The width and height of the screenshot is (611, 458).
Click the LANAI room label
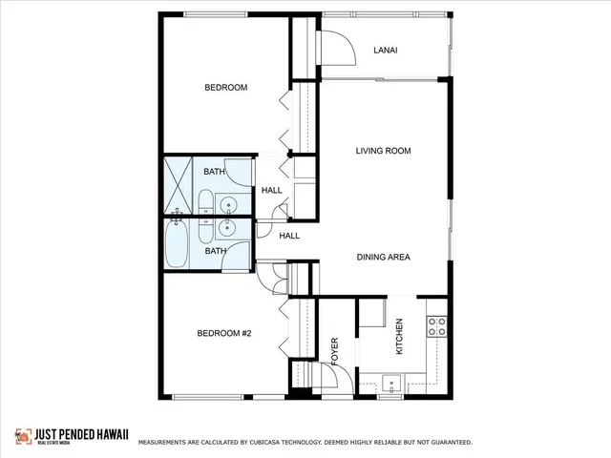click(x=386, y=50)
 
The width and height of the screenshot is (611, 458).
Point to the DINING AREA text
click(x=384, y=257)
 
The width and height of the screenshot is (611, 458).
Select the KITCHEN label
click(x=399, y=338)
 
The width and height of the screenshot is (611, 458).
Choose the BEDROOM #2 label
click(x=223, y=333)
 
